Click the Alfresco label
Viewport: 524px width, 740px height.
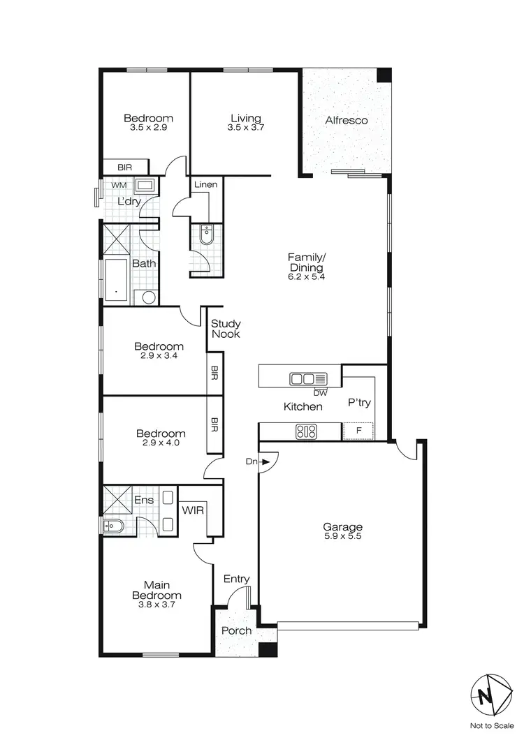pyautogui.click(x=347, y=121)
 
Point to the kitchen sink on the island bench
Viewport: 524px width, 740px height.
pyautogui.click(x=308, y=379)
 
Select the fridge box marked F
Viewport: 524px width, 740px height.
pyautogui.click(x=358, y=431)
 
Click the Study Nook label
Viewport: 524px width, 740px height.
pyautogui.click(x=226, y=329)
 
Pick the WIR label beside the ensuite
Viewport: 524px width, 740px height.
pyautogui.click(x=193, y=510)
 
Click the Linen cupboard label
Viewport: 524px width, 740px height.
pyautogui.click(x=205, y=185)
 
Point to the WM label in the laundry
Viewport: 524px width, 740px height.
pyautogui.click(x=119, y=185)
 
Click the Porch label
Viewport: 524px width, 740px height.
pyautogui.click(x=236, y=630)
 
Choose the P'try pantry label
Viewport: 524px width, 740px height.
pyautogui.click(x=358, y=404)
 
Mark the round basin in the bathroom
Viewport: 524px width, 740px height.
pyautogui.click(x=149, y=297)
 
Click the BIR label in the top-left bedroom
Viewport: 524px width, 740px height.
pyautogui.click(x=125, y=168)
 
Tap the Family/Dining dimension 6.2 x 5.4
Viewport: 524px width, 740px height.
pyautogui.click(x=307, y=276)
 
